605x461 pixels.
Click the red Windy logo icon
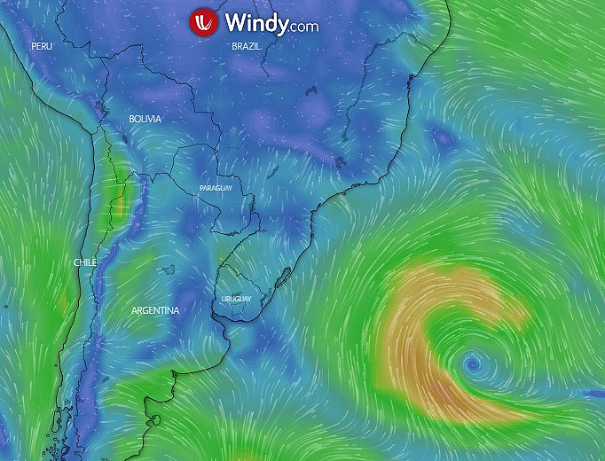click(205, 22)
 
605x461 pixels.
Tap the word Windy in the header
click(255, 22)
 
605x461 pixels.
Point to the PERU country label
click(42, 45)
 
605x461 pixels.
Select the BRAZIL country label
click(246, 45)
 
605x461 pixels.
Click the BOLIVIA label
click(145, 119)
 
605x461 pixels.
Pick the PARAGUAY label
click(216, 189)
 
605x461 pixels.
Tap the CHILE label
click(85, 262)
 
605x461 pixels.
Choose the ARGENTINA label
click(155, 310)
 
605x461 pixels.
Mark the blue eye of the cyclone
click(472, 363)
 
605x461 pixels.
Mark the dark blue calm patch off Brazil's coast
click(441, 137)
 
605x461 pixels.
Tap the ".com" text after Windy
click(303, 26)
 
